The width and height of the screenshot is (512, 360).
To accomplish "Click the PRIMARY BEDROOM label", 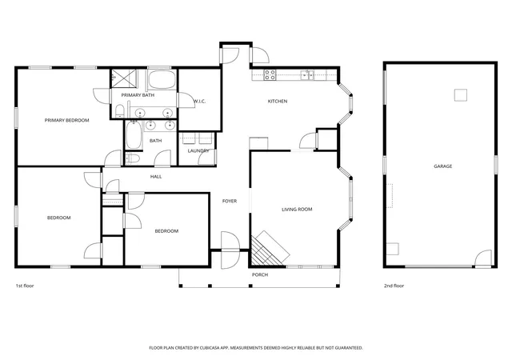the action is [66, 120].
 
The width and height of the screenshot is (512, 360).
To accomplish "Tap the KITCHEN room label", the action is [278, 102].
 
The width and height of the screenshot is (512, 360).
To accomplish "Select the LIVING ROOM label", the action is [297, 209].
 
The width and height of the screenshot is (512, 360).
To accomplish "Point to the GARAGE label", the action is [442, 166].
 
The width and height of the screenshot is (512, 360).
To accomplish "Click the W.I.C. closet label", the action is [199, 102].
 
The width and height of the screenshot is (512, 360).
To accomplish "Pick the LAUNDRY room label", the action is [198, 151].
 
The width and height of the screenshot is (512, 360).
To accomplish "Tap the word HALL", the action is [156, 177].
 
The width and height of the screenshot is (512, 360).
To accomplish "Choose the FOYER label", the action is [230, 202].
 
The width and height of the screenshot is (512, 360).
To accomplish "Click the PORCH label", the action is [260, 274].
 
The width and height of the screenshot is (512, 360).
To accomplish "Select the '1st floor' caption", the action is [25, 286].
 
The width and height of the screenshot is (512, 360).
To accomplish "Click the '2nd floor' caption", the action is [394, 286].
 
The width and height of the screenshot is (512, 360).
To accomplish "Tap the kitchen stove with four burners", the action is [270, 75].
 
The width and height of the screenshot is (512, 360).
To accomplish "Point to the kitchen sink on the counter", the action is [307, 75].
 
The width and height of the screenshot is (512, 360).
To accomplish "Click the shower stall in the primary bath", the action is [124, 78].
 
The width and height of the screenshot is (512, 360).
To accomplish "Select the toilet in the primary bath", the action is [119, 111].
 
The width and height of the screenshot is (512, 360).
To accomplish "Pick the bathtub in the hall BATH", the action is [134, 135].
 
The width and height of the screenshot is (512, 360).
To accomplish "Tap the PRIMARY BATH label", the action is [138, 95].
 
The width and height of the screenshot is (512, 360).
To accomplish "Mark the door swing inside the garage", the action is [483, 258].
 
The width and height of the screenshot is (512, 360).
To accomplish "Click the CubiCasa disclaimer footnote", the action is [256, 348].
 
